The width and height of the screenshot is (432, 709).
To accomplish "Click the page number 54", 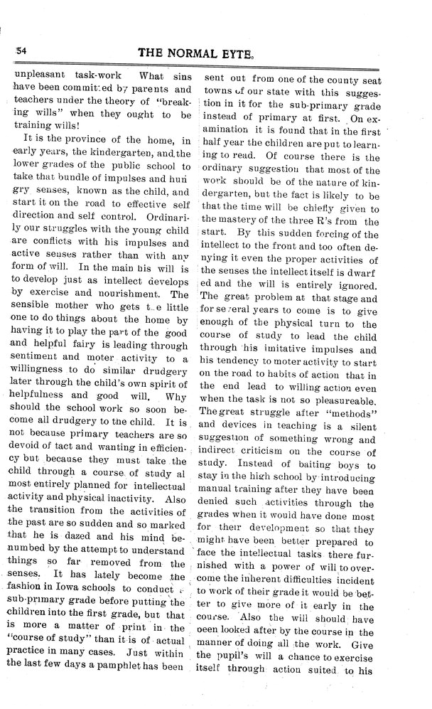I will [x=19, y=51].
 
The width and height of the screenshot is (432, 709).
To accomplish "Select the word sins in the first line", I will [x=176, y=76].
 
